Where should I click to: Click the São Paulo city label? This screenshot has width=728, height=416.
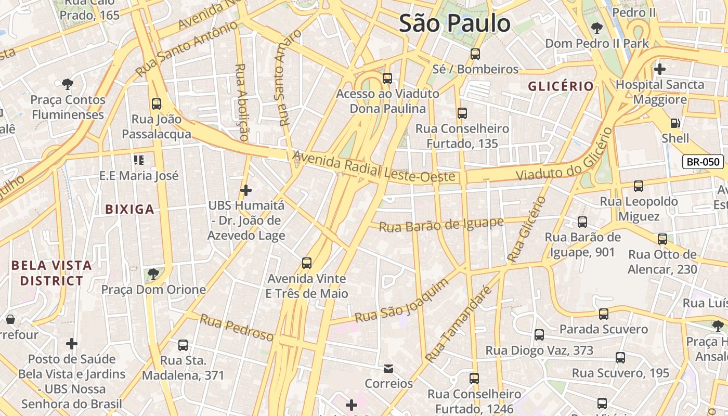pos(454,24)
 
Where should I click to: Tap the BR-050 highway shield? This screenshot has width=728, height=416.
pos(703,162)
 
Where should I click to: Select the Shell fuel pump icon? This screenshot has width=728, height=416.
pos(675,123)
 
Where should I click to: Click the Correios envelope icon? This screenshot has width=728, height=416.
pos(388,369)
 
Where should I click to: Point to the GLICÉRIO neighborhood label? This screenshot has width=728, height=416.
pos(561,86)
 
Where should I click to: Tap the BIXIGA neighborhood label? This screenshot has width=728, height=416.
pos(129,210)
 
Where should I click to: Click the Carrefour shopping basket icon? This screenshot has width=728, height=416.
pos(10,319)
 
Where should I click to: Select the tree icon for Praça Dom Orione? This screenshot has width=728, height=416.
pos(153,274)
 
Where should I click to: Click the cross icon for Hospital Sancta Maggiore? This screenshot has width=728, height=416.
pos(659,69)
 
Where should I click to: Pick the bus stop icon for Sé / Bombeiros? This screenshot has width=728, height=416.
pos(475,54)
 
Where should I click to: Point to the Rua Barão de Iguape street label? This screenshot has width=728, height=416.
pos(441,225)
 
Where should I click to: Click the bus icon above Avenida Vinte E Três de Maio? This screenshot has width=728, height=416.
pos(307,263)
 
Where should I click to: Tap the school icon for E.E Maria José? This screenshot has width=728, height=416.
pos(138,160)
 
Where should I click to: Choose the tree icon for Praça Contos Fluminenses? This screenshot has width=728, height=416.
pos(67,84)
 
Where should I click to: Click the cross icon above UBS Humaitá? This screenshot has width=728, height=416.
pos(246,190)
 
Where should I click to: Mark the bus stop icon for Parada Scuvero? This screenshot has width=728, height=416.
pos(603,314)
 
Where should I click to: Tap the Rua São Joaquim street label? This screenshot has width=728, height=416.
pos(401,301)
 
